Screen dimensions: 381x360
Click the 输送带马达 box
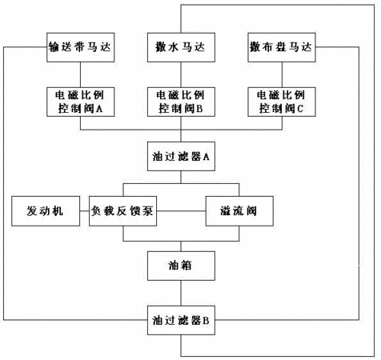click(x=81, y=47)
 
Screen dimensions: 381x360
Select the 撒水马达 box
click(x=181, y=47)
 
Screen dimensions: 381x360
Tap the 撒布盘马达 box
click(x=282, y=47)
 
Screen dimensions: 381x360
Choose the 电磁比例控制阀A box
click(x=81, y=102)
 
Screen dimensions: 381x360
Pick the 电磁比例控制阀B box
click(x=181, y=102)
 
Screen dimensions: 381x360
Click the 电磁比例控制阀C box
click(x=282, y=102)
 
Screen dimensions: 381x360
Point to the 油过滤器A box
click(x=181, y=156)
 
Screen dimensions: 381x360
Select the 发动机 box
click(x=46, y=211)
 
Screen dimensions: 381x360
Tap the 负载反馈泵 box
click(x=122, y=211)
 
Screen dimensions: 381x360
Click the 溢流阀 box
click(x=239, y=211)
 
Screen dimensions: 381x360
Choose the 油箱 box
click(x=181, y=266)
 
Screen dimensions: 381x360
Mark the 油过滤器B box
click(x=181, y=320)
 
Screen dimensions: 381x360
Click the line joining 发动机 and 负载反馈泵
click(x=84, y=211)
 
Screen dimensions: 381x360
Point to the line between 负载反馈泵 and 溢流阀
click(x=181, y=211)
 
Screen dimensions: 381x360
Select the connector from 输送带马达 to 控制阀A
click(x=81, y=74)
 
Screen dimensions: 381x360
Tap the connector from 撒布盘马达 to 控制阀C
click(x=282, y=74)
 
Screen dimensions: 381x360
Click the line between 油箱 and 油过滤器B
click(x=181, y=293)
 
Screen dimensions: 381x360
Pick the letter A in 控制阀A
click(x=99, y=109)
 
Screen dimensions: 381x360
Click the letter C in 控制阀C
click(x=300, y=109)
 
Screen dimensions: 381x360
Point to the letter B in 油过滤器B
click(x=206, y=321)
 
